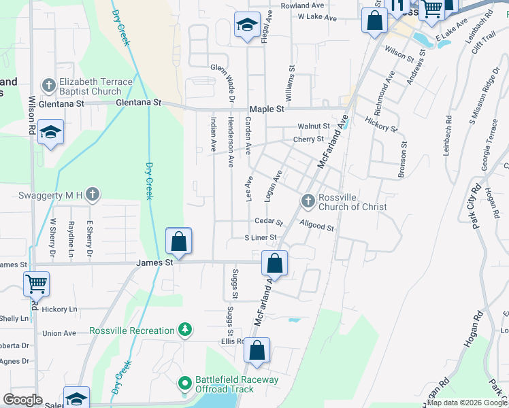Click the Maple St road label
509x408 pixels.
(x=267, y=109)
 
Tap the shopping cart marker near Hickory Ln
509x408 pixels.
(x=35, y=283)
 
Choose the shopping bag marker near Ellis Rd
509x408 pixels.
(x=257, y=351)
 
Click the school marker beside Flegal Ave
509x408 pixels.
(x=245, y=26)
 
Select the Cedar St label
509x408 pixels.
(x=268, y=222)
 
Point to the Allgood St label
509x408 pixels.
(x=316, y=227)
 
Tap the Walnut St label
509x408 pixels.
(x=313, y=126)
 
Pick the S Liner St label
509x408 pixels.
(x=261, y=237)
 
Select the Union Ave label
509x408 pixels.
(x=59, y=333)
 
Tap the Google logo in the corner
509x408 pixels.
(x=22, y=400)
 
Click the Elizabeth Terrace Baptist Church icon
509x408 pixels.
(x=48, y=85)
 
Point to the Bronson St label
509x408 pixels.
(x=402, y=159)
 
